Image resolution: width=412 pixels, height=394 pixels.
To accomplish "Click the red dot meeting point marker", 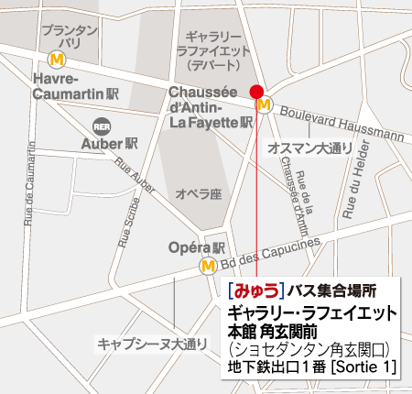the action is pos(256,91).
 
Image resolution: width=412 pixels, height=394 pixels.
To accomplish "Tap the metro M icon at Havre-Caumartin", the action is pos(57,59).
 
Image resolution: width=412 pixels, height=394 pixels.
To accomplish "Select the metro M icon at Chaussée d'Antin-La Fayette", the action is pos(265,105).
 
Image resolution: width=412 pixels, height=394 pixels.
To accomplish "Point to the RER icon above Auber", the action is pos(101,125).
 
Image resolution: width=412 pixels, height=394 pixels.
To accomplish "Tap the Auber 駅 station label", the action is pos(109,144).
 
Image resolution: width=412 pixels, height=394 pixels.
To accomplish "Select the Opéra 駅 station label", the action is pos(198,248).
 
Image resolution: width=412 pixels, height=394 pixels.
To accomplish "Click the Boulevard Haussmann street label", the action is pos(340,123).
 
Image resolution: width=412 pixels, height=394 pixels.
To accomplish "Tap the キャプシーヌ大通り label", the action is pos(140,345).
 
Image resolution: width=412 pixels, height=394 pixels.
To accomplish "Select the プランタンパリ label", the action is pos(70,37).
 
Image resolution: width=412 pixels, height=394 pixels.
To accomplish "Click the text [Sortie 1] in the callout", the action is pos(364,367).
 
